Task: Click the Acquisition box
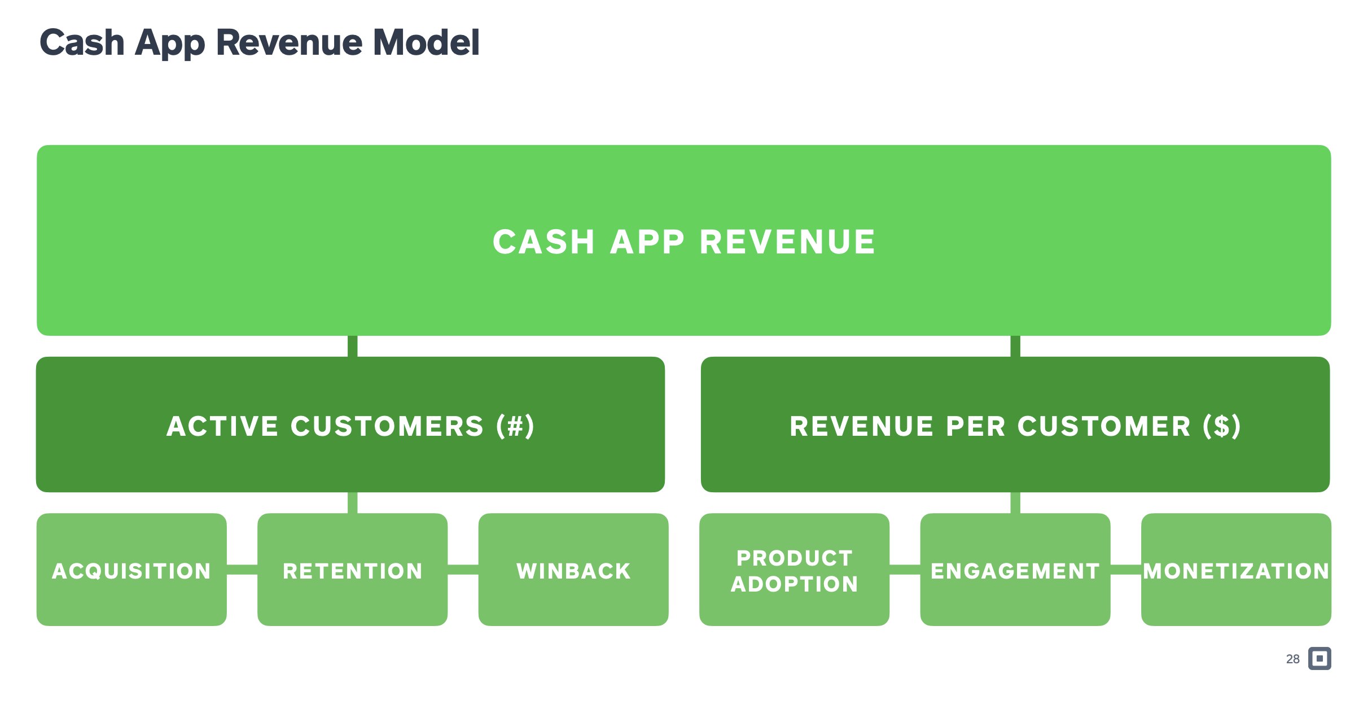(131, 569)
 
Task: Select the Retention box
(353, 569)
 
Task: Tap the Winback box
(573, 569)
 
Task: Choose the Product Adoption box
(795, 569)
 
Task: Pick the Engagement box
(1015, 569)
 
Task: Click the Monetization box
(1236, 569)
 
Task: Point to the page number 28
(1293, 659)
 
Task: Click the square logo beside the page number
(1320, 658)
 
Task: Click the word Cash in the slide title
(82, 42)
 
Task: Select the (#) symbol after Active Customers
(515, 426)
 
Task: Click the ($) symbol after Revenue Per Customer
(1222, 426)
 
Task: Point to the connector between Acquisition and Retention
(242, 570)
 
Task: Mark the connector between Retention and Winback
(463, 570)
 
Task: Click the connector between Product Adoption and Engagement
(905, 570)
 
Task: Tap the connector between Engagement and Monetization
(1126, 570)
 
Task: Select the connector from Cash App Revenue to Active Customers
(353, 346)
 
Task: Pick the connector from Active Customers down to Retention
(353, 502)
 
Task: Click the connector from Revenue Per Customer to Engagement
(1015, 502)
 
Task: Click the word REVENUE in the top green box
(787, 242)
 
